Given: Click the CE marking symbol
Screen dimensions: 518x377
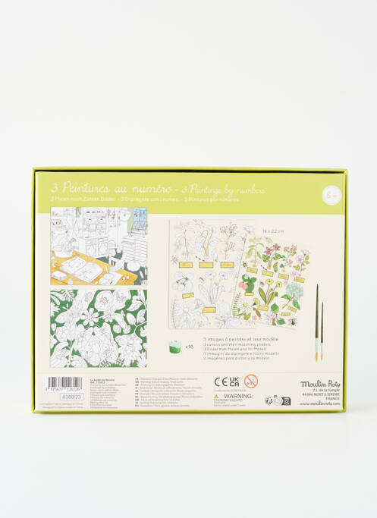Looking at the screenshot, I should pyautogui.click(x=221, y=381).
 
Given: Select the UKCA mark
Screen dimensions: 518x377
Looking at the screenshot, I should pyautogui.click(x=235, y=381).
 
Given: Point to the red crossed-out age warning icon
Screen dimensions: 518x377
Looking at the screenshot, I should pyautogui.click(x=252, y=381).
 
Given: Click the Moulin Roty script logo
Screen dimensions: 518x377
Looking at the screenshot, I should pyautogui.click(x=319, y=384).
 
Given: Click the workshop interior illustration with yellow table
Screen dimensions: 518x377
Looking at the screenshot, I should pyautogui.click(x=99, y=246).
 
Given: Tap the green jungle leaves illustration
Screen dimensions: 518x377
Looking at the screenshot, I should pyautogui.click(x=99, y=328).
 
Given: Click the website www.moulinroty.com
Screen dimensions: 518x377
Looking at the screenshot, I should pyautogui.click(x=319, y=403).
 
